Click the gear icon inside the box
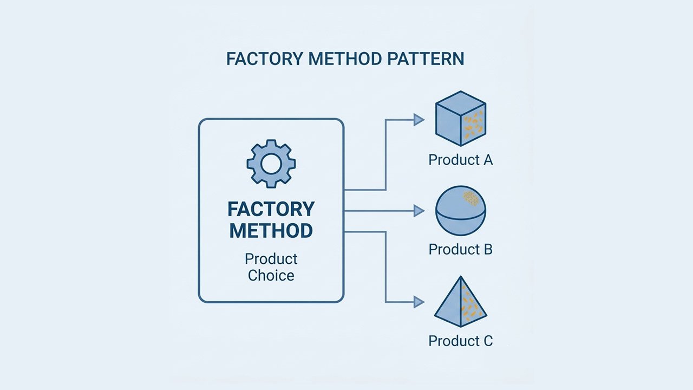tap(271, 164)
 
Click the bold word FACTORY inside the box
tap(271, 209)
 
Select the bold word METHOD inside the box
tap(271, 231)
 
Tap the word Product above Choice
tap(271, 258)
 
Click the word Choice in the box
tap(271, 275)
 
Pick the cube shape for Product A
tap(461, 122)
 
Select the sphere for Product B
tap(461, 211)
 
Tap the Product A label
tap(461, 160)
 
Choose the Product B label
tap(461, 250)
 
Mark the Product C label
tap(461, 341)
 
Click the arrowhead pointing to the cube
tap(419, 120)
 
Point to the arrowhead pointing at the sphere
tap(419, 211)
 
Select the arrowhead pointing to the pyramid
tap(419, 302)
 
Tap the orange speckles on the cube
tap(474, 123)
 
